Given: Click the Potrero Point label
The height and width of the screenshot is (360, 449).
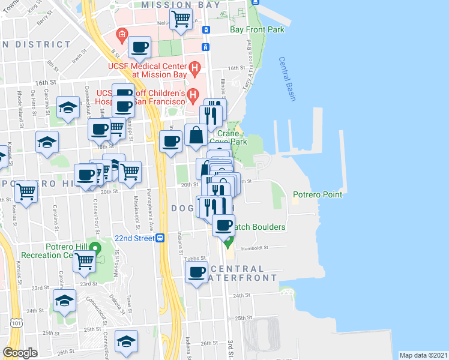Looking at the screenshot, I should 317,194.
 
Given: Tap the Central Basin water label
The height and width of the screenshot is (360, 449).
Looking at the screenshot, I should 287,79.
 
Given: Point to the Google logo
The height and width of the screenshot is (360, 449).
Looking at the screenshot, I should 20,353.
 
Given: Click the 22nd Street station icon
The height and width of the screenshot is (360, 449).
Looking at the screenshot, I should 160,238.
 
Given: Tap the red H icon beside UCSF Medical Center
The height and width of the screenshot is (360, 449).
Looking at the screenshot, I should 194,67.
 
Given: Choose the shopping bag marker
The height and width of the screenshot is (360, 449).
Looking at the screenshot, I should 196,135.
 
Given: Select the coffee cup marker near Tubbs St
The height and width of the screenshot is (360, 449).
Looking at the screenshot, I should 196,274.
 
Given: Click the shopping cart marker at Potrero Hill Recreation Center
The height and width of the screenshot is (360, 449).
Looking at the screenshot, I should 85,261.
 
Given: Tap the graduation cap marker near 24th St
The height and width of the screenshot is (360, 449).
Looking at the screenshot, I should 64,301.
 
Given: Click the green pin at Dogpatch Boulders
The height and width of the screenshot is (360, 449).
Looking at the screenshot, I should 228,242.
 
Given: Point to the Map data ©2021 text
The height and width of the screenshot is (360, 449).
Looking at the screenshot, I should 423,355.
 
